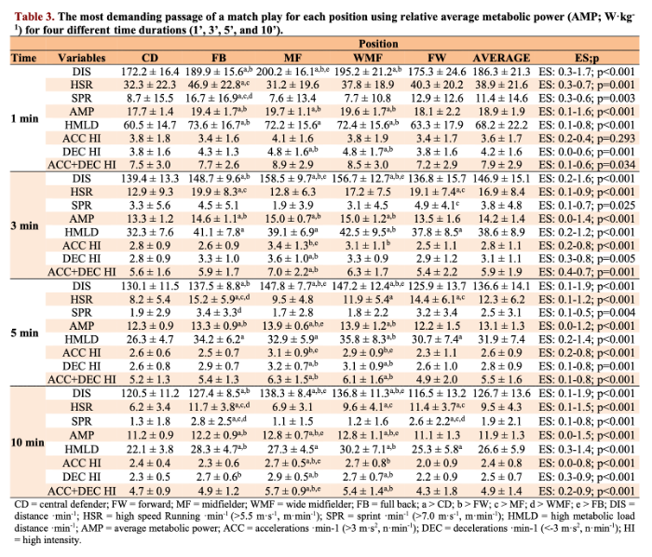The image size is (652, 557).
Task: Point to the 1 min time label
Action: [24, 118]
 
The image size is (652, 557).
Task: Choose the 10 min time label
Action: [24, 441]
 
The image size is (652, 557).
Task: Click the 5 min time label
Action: [24, 333]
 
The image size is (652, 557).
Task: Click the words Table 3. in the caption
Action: [31, 12]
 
